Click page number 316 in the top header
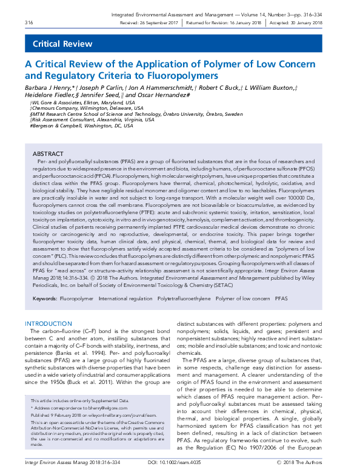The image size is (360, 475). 28,22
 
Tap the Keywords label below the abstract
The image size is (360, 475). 45,299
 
